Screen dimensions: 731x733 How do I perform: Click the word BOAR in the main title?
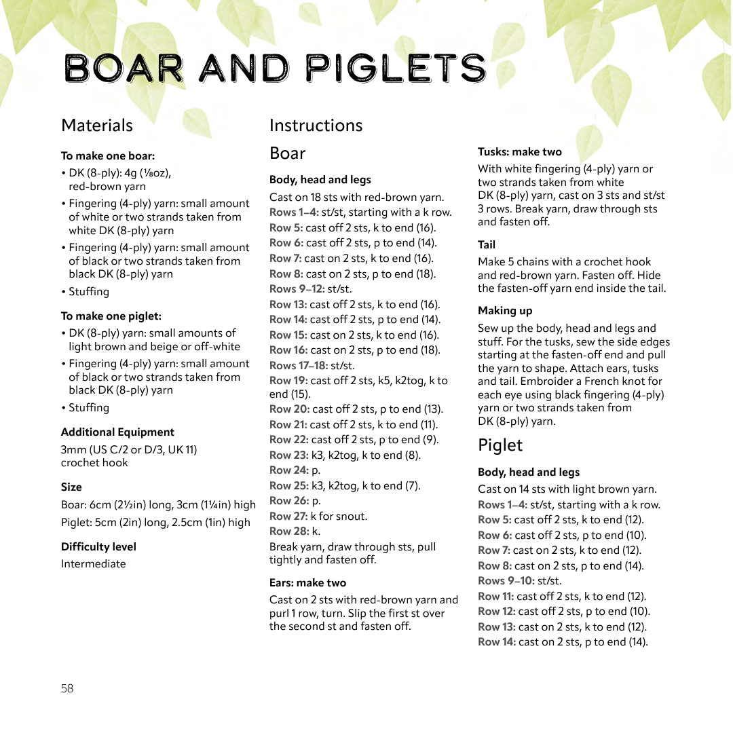(x=124, y=69)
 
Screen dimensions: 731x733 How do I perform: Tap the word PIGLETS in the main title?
(x=396, y=69)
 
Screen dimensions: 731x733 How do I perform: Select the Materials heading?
(x=97, y=126)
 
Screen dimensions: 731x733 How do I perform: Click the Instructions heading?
(x=316, y=126)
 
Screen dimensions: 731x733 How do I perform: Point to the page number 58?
(x=67, y=688)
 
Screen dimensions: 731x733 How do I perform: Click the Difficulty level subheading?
(x=98, y=546)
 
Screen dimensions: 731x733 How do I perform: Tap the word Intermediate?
(x=94, y=563)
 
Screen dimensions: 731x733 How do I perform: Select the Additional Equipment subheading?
(x=117, y=432)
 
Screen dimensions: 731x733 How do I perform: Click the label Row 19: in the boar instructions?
(x=288, y=380)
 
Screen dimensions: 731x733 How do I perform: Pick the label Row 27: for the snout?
(x=288, y=516)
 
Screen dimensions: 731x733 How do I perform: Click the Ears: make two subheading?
(x=307, y=582)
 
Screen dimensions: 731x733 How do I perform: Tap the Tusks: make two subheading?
(x=520, y=152)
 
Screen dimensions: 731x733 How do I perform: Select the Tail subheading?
(x=487, y=244)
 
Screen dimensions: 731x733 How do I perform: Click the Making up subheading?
(x=505, y=310)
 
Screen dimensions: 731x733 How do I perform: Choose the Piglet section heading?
(x=500, y=445)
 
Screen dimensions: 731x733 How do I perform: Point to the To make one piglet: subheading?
(x=111, y=316)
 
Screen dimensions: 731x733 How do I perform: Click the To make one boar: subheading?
(x=108, y=155)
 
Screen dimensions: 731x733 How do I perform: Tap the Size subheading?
(x=71, y=487)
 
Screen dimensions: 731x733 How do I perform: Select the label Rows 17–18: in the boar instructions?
(x=299, y=365)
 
